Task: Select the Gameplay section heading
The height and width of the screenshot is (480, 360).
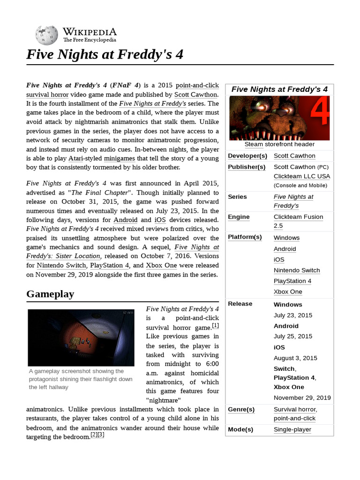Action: pos(50,294)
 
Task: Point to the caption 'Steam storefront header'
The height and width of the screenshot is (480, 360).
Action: pos(279,144)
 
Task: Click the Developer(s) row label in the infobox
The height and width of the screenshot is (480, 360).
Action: pos(247,156)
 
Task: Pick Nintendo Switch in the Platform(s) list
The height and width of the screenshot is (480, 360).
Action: pos(297,270)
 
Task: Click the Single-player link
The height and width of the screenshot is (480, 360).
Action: pos(292,429)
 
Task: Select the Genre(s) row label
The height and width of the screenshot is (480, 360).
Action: pos(241,409)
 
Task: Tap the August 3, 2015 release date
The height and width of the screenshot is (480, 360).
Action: pos(295,358)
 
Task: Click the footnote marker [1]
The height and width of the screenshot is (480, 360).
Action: pos(215,325)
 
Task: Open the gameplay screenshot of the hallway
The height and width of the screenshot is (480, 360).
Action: pos(81,337)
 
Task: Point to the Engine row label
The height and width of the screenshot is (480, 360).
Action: pos(239,217)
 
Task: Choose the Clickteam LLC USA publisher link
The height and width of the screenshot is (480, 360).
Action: pos(302,176)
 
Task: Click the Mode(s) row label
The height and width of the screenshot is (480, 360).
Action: pos(240,429)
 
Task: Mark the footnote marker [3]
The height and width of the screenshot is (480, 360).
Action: pos(101,435)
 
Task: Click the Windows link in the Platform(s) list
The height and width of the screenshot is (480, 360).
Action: pos(286,238)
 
